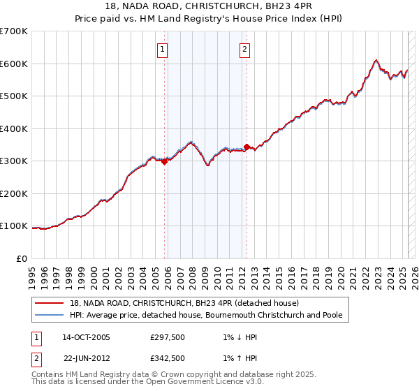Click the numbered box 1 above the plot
tap(162, 49)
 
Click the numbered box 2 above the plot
tap(245, 49)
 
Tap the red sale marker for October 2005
tap(165, 161)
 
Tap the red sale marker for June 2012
tap(247, 147)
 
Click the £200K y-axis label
tap(14, 193)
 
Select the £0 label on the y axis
tap(22, 258)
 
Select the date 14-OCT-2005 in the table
tap(86, 337)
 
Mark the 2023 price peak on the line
tap(376, 60)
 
